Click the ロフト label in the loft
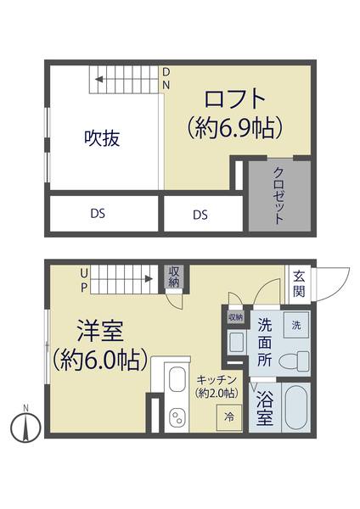tap(235, 98)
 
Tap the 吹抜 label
tap(101, 138)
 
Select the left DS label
tap(98, 214)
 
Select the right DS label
tap(200, 215)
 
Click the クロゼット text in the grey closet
tap(278, 195)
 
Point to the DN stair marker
tap(166, 79)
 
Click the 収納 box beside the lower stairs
tap(175, 277)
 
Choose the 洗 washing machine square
tap(295, 325)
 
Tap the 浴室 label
tap(264, 407)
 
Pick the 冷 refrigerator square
tap(228, 417)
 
